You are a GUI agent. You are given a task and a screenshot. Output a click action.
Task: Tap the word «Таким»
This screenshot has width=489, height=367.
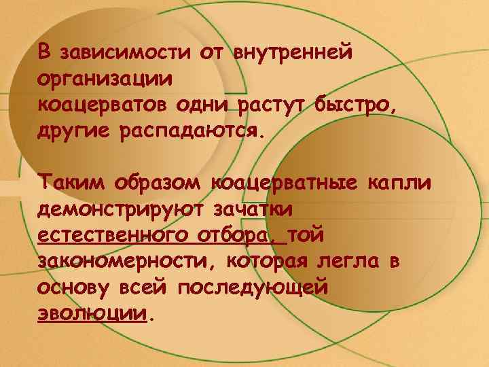click(x=71, y=183)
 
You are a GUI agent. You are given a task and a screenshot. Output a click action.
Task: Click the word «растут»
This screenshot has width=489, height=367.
click(x=272, y=105)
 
